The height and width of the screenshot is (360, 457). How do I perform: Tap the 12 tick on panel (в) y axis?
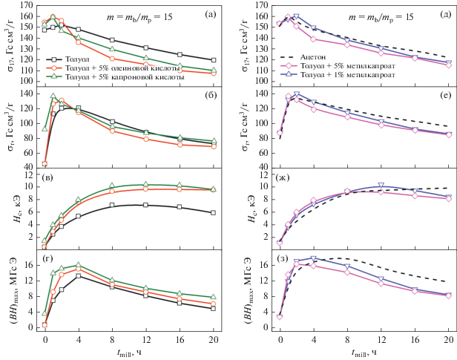pyautogui.click(x=32, y=174)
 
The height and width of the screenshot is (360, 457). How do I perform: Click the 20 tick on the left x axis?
pyautogui.click(x=214, y=338)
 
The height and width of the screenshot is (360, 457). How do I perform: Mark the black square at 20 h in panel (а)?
pyautogui.click(x=214, y=60)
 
